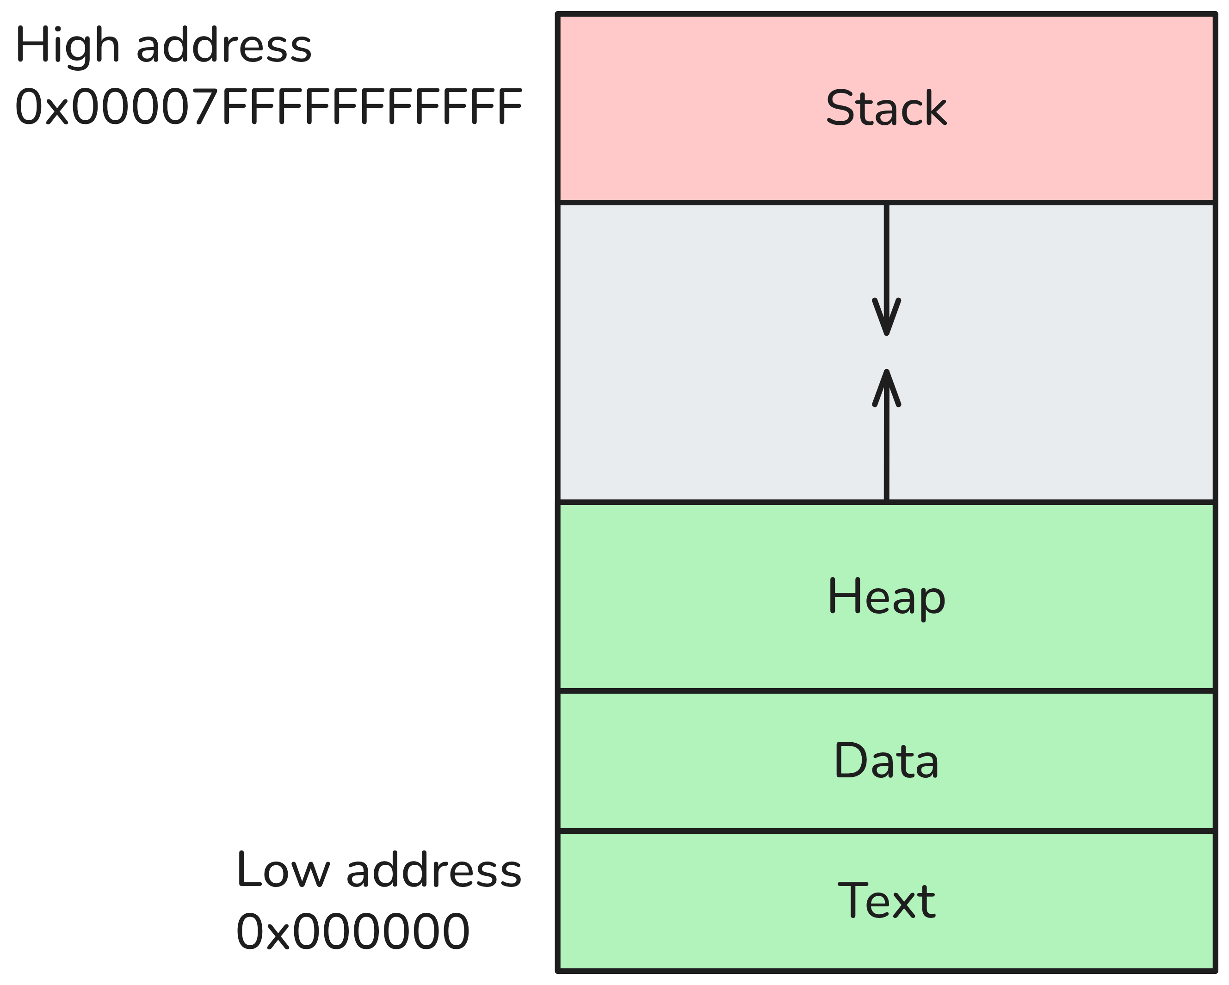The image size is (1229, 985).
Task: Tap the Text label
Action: pyautogui.click(x=886, y=901)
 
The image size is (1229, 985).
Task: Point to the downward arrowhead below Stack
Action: pyautogui.click(x=886, y=319)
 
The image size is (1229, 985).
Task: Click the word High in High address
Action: pyautogui.click(x=67, y=46)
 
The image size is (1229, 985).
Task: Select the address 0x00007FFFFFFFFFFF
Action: pyautogui.click(x=268, y=107)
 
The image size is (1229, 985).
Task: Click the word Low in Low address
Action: pyautogui.click(x=283, y=870)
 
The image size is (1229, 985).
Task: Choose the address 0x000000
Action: pyautogui.click(x=352, y=931)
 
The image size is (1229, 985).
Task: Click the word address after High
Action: pyautogui.click(x=223, y=46)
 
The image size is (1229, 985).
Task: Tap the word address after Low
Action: pyautogui.click(x=433, y=870)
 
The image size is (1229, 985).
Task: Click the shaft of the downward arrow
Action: pyautogui.click(x=886, y=251)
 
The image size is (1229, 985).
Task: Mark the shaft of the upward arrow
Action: pyautogui.click(x=886, y=450)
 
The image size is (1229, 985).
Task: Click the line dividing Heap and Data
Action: pyautogui.click(x=886, y=691)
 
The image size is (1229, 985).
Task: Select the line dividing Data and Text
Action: pyautogui.click(x=886, y=831)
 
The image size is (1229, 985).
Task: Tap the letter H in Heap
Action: pyautogui.click(x=840, y=596)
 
